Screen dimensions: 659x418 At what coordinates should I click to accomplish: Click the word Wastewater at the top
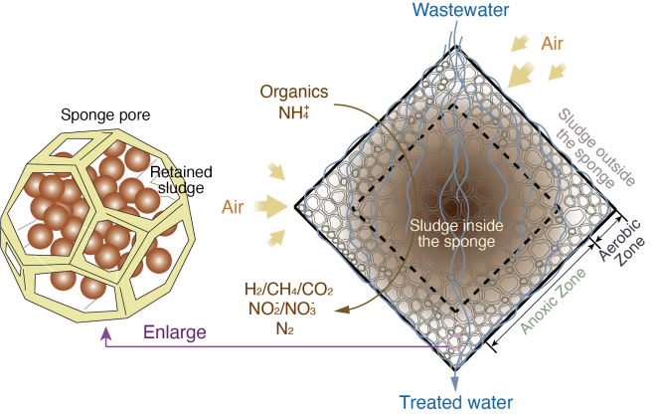pos(460,10)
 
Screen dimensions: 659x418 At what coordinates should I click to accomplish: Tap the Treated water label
pos(456,402)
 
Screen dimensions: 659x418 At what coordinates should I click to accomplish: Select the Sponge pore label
pos(105,114)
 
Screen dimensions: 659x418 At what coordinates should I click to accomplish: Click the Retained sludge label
pos(181,180)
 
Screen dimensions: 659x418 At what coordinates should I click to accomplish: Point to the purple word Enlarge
pos(175,332)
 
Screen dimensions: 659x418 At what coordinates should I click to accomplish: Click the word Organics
pos(294,92)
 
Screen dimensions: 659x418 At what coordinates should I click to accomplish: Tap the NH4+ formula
pos(294,112)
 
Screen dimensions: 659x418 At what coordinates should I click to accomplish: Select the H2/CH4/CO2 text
pos(288,290)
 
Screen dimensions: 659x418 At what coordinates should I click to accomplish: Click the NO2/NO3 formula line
pos(282,309)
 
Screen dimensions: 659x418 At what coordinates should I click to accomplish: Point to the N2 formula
pos(284,328)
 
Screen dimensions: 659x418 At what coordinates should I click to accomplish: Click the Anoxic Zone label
pos(553,301)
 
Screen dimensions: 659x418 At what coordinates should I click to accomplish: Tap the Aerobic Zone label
pos(622,241)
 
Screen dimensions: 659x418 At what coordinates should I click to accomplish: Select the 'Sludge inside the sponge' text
pos(456,234)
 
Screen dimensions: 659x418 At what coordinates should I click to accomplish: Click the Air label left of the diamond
pos(233,207)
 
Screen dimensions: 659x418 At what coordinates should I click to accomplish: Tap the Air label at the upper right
pos(553,44)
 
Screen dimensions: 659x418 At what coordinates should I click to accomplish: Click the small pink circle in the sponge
pos(455,341)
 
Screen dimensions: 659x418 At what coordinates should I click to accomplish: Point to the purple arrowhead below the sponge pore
pos(106,333)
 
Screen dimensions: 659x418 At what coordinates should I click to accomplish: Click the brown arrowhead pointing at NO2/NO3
pos(343,311)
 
